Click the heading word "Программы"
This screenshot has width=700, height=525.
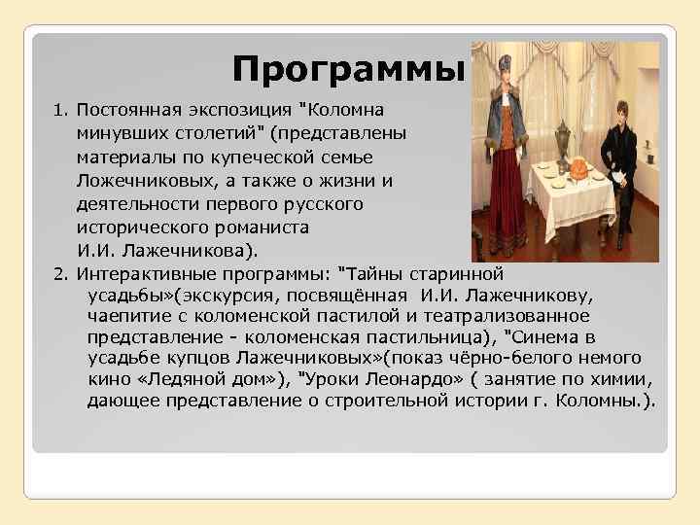(x=349, y=69)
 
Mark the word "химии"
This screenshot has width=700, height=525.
(x=623, y=378)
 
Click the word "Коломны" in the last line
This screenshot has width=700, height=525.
(x=603, y=400)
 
